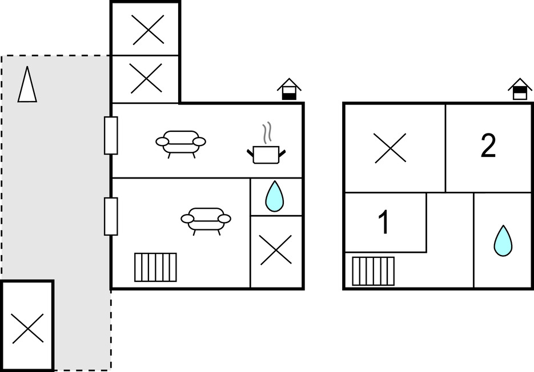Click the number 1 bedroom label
(384, 222)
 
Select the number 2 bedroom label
(488, 145)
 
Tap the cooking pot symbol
(266, 155)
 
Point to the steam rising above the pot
(267, 132)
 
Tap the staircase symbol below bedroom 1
(374, 271)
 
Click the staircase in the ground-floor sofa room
(156, 267)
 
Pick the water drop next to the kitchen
(275, 196)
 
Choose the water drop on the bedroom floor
(503, 241)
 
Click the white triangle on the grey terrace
(27, 84)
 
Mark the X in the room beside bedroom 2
(390, 148)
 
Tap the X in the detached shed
(28, 329)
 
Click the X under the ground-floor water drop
(276, 250)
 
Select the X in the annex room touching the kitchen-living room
(146, 78)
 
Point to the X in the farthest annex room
(148, 30)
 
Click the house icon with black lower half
(289, 89)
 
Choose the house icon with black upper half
(520, 89)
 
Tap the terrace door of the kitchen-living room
(111, 135)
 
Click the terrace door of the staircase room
(111, 216)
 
